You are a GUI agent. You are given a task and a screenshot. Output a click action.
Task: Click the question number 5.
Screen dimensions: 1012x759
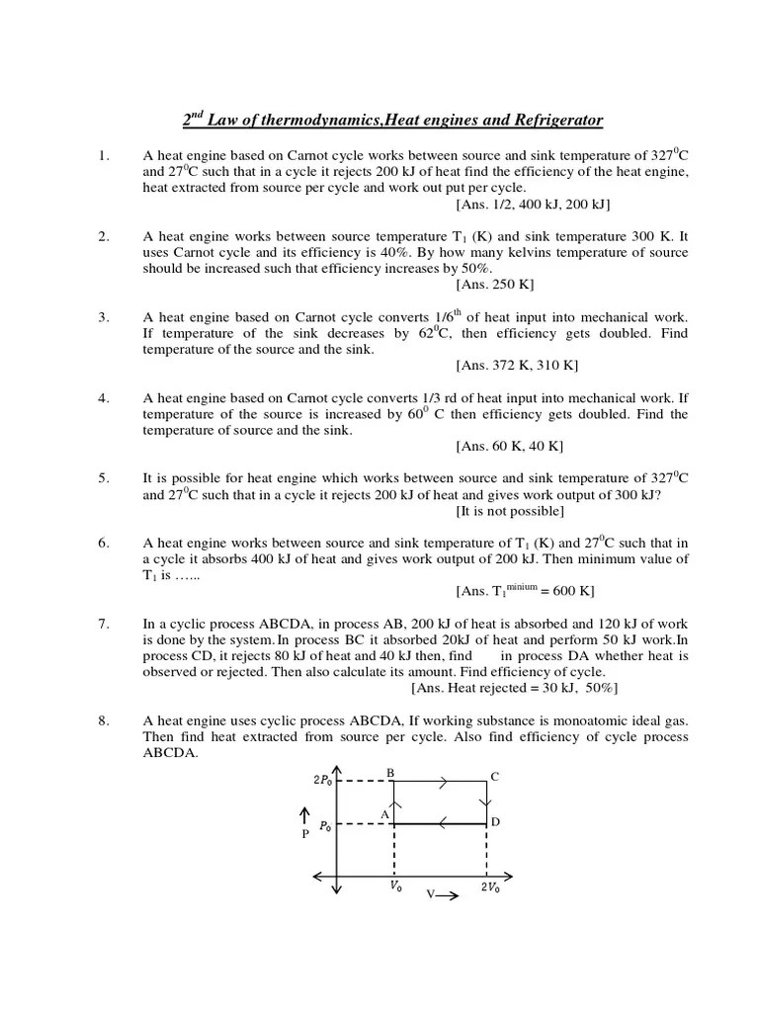pos(103,478)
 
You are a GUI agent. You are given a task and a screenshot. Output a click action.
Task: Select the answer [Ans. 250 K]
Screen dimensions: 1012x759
pos(494,285)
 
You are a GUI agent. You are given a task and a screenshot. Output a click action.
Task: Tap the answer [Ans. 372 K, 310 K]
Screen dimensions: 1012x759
pos(517,366)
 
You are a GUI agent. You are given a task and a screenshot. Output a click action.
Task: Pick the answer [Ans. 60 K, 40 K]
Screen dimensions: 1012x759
pos(510,446)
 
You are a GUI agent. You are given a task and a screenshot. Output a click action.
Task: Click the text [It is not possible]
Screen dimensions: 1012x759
pos(510,511)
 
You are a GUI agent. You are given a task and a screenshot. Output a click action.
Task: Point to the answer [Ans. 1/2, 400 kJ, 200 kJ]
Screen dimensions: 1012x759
pos(533,205)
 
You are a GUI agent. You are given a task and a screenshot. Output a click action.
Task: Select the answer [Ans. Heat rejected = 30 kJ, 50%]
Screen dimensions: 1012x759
pos(514,688)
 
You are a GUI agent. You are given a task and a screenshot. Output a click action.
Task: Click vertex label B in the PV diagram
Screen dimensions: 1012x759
pos(391,773)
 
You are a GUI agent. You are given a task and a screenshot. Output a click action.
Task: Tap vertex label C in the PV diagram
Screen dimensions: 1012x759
pos(495,777)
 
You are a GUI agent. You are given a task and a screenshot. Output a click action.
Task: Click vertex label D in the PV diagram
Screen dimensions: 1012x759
pos(495,822)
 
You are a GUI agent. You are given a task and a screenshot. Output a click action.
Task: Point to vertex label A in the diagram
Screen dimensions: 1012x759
pos(385,813)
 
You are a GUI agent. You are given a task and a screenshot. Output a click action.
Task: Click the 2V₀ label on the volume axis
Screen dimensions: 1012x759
pos(490,887)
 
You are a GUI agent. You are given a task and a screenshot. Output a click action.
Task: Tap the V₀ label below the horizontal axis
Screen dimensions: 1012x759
pos(395,887)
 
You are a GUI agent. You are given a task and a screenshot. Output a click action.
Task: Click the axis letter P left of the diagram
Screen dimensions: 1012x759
pos(305,833)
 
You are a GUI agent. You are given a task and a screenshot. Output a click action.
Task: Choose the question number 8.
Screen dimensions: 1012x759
pos(103,721)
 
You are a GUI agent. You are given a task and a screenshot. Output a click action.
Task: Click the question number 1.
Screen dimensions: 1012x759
pos(103,156)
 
